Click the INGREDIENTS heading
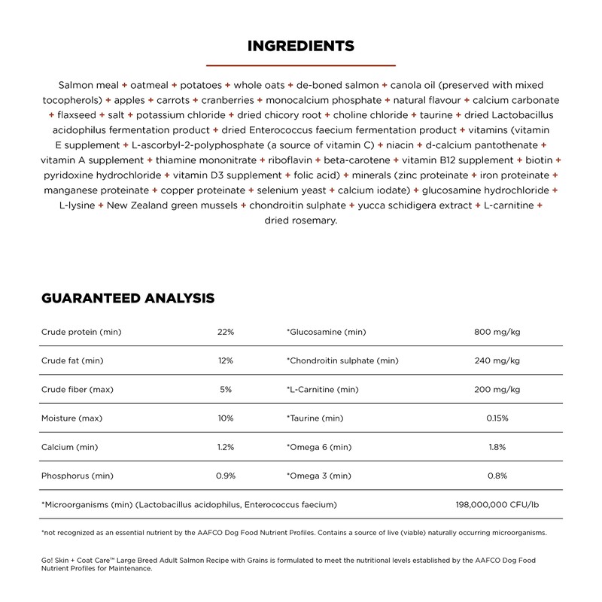tap(301, 47)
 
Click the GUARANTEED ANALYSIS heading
tap(128, 299)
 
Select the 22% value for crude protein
tap(226, 332)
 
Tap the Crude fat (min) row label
tap(72, 360)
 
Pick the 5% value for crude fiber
tap(226, 389)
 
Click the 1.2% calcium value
tap(226, 447)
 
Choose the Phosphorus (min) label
tap(78, 476)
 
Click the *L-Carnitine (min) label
tap(322, 389)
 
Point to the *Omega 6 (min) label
tap(319, 447)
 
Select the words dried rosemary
tap(301, 220)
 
